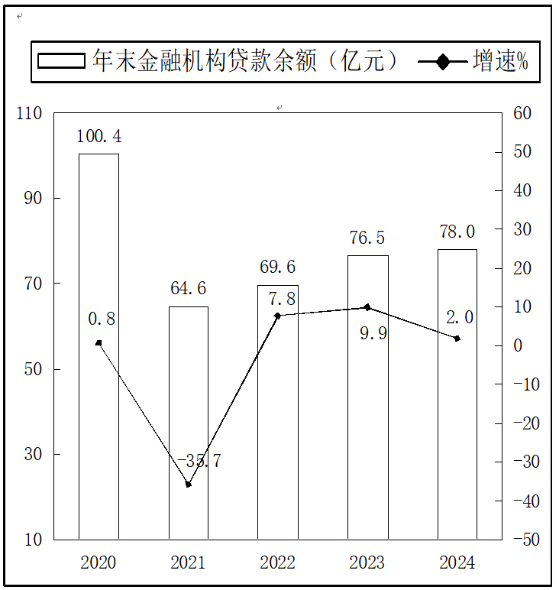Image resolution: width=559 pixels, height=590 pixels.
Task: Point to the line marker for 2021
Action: [x=188, y=485]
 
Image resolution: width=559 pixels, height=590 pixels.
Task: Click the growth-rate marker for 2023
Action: [x=367, y=307]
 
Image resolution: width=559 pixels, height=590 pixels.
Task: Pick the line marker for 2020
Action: [x=99, y=342]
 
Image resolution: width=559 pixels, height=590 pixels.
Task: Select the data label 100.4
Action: [x=99, y=137]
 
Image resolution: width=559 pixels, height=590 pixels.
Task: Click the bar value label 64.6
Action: [x=188, y=289]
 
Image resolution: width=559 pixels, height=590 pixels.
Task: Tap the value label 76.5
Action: [x=367, y=238]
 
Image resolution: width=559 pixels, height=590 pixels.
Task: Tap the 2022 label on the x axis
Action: [x=277, y=563]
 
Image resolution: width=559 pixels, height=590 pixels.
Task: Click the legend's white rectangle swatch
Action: [x=61, y=61]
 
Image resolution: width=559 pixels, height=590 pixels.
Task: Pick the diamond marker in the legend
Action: [x=443, y=61]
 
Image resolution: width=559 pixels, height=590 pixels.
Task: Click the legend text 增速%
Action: [x=501, y=61]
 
